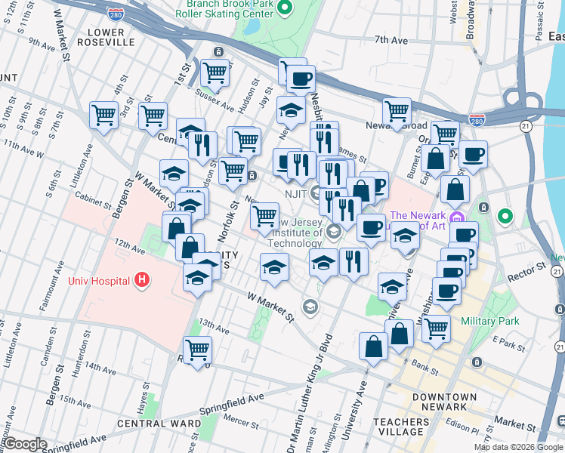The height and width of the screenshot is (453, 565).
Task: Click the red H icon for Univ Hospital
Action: (141, 281)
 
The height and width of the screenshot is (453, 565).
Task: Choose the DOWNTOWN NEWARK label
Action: (444, 402)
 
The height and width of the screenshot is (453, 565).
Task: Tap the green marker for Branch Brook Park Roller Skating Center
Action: (285, 9)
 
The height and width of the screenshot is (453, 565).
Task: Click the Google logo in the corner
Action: (25, 445)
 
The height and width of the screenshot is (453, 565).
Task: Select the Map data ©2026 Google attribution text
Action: (517, 447)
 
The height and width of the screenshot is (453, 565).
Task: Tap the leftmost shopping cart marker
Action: (103, 116)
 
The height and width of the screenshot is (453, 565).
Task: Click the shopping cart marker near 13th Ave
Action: (197, 350)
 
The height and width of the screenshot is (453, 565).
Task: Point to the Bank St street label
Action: (425, 370)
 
